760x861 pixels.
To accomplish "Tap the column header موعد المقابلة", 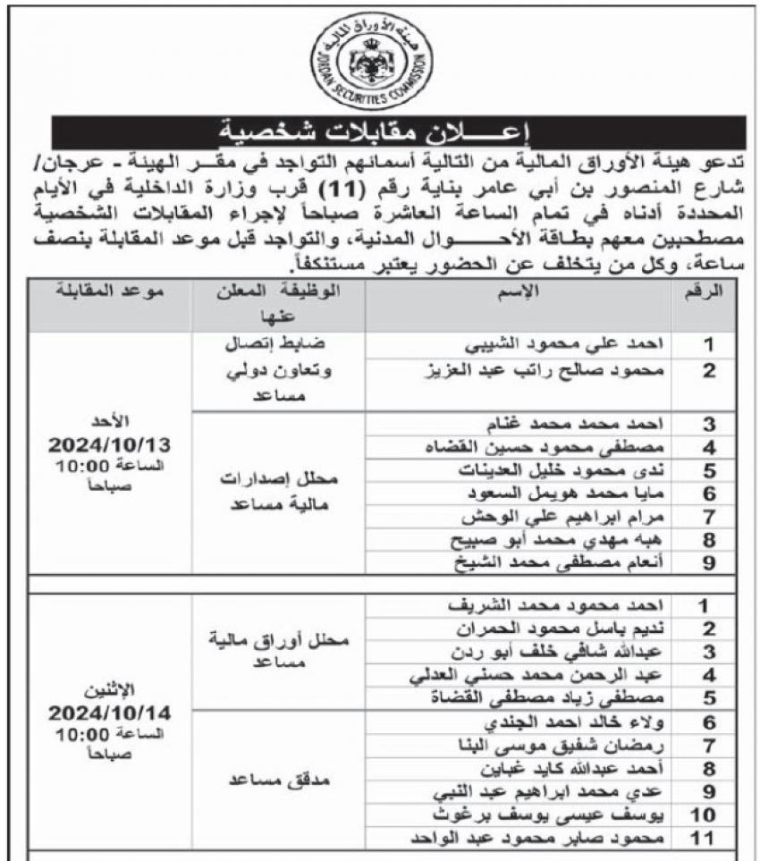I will pos(110,293).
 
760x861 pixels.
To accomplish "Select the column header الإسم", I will pos(519,293).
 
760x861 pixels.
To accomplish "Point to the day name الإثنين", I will pos(112,691).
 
